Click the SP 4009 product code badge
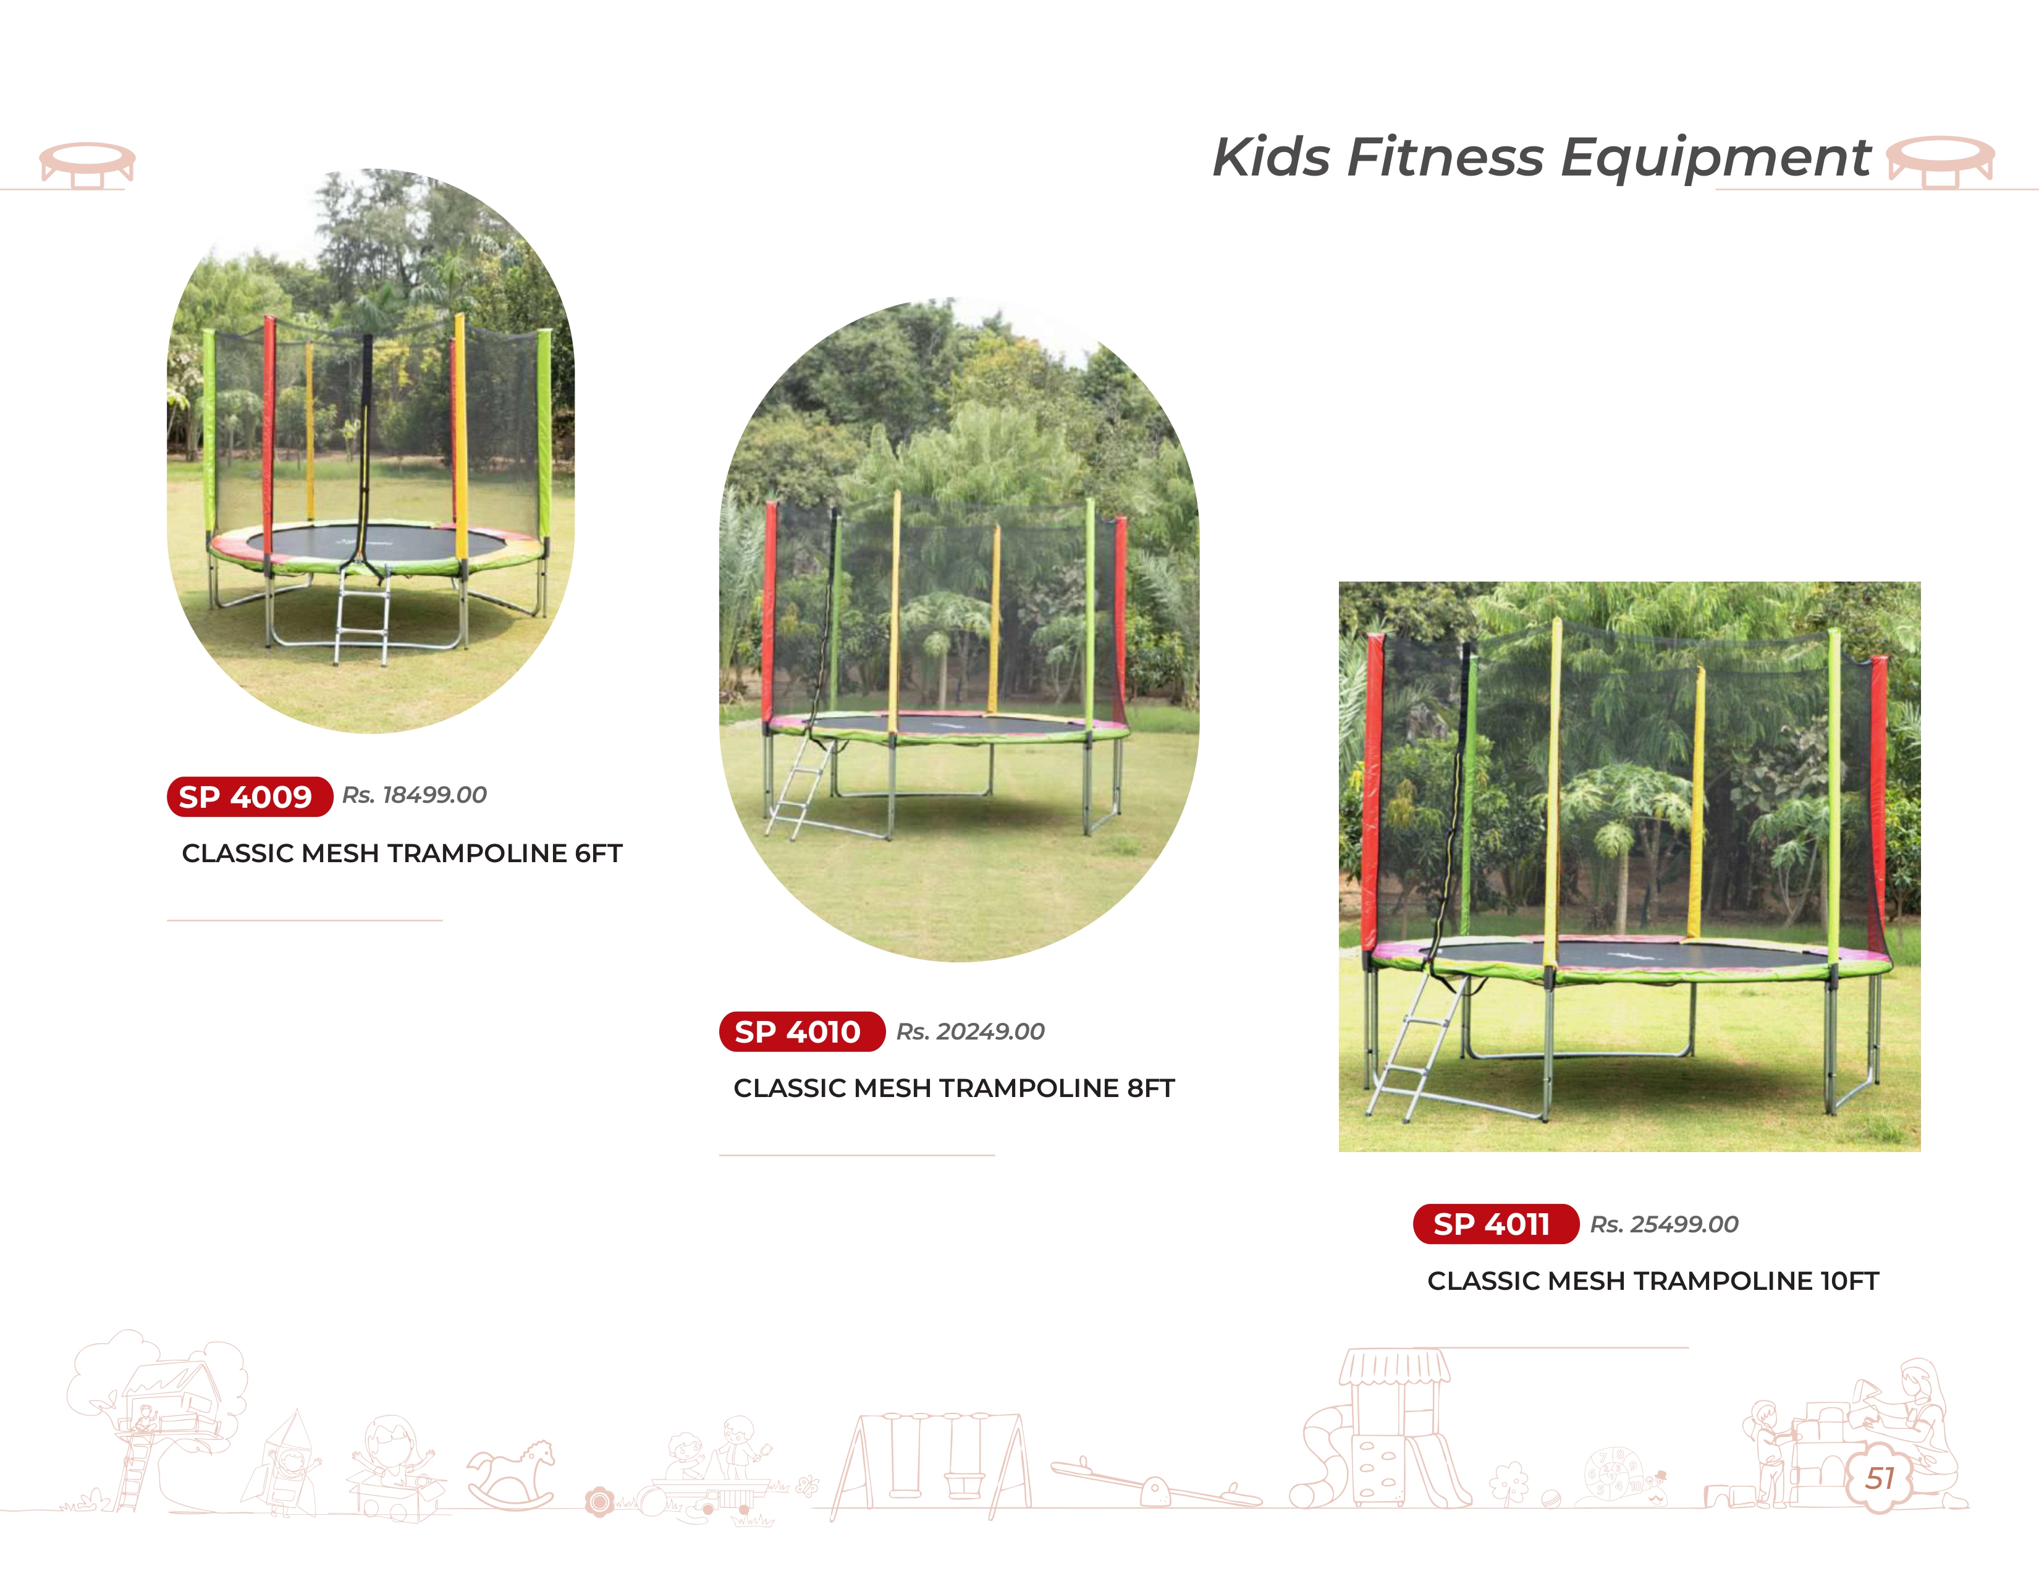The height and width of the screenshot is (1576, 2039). point(249,797)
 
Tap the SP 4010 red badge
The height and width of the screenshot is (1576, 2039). point(802,1032)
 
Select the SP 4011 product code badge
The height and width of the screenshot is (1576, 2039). point(1496,1224)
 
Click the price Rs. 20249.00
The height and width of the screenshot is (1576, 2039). point(970,1032)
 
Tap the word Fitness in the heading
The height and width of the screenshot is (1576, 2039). point(1445,157)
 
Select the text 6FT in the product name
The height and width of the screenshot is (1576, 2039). point(599,854)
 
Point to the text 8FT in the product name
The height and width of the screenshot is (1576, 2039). point(1150,1088)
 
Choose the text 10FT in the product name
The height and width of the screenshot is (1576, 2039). point(1849,1281)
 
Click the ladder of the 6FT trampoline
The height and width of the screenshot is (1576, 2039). point(362,616)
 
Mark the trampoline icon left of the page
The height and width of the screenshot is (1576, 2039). point(87,165)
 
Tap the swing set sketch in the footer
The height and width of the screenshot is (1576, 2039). point(931,1464)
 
